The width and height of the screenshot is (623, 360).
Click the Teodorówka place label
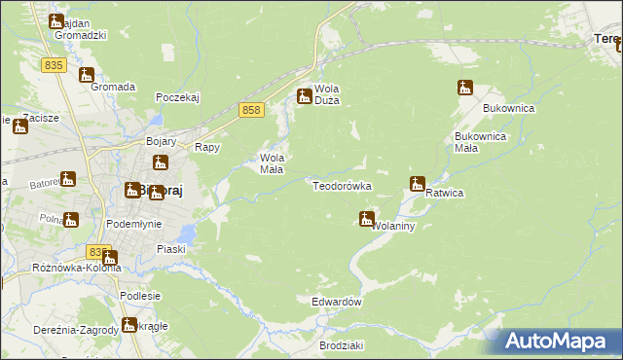pos(342,185)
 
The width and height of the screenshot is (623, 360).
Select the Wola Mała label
pos(271,162)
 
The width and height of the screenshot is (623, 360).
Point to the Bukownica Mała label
pos(480,142)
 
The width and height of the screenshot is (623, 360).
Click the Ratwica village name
pos(444,193)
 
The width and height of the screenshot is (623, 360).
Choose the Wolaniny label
pos(394,226)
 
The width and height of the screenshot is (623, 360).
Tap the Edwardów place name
pos(337,302)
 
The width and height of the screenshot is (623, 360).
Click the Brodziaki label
pos(341,345)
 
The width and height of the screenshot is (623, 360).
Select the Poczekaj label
pos(177,97)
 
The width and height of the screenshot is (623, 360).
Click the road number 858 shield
pos(251,111)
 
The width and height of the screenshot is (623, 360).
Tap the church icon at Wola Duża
pos(304,95)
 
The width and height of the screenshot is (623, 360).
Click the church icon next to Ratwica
pos(418,183)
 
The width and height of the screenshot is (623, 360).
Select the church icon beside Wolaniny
pos(366,219)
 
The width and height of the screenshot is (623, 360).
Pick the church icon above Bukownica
pos(464,88)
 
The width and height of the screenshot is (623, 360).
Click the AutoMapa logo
pos(555,341)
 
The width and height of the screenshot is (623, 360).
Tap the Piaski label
pos(172,248)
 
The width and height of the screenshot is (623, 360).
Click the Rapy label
pos(207,147)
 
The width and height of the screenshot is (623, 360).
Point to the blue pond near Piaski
pos(189,234)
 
